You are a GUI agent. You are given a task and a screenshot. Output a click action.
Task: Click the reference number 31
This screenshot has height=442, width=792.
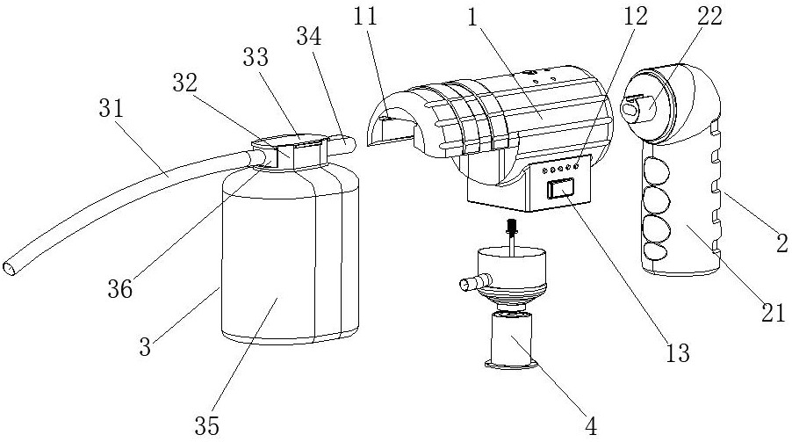(x=112, y=107)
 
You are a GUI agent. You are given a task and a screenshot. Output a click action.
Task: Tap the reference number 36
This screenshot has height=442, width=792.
(x=120, y=289)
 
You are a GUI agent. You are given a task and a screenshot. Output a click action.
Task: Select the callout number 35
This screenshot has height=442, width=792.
(x=207, y=426)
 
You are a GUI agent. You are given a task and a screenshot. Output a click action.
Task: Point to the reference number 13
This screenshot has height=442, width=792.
(x=677, y=352)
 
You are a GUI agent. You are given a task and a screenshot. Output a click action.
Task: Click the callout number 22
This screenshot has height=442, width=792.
(x=710, y=16)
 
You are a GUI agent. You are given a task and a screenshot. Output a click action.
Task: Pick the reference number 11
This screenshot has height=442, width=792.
(x=365, y=16)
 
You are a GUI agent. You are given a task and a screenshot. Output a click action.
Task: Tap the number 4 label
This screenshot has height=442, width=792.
(x=590, y=426)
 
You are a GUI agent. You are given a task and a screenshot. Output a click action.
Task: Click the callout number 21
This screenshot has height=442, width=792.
(x=774, y=313)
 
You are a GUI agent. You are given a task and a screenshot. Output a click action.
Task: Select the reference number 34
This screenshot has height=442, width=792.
(x=308, y=36)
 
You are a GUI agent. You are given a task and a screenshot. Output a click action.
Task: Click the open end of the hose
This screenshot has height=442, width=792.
(x=10, y=268)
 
